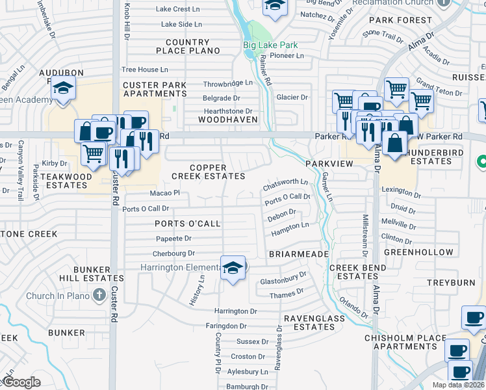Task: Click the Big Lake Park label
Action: tap(270, 45)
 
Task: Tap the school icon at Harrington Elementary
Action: tap(232, 268)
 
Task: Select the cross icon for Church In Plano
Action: tap(99, 296)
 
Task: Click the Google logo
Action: tap(21, 382)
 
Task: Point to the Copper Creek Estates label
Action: tap(208, 172)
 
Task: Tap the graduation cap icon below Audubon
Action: tap(63, 87)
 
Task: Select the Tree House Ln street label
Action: tap(145, 70)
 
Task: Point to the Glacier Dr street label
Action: tap(292, 97)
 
